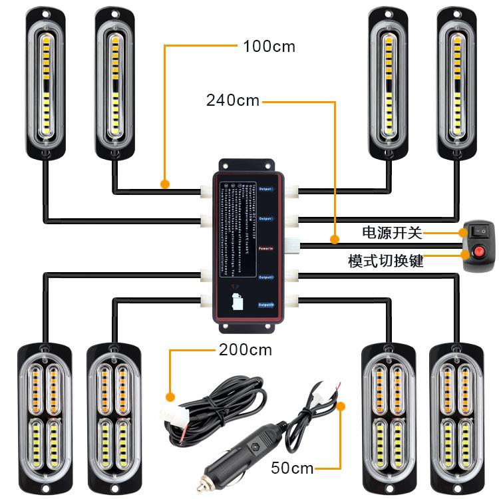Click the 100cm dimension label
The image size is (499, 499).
pyautogui.click(x=269, y=47)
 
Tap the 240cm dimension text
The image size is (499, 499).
pyautogui.click(x=233, y=100)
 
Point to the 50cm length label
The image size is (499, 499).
pyautogui.click(x=292, y=468)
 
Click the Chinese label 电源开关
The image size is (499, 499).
pyautogui.click(x=392, y=232)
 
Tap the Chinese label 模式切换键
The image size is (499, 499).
pyautogui.click(x=385, y=260)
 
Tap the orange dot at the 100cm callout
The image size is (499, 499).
pyautogui.click(x=164, y=182)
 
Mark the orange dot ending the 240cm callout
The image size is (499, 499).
pyautogui.click(x=335, y=238)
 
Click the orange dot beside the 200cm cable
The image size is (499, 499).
pyautogui.click(x=171, y=397)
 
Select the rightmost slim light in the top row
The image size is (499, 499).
pyautogui.click(x=457, y=83)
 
